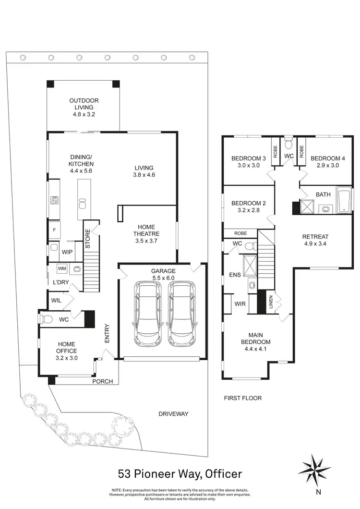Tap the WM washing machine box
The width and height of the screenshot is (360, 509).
click(x=62, y=269)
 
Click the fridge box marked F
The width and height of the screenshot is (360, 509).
click(x=54, y=230)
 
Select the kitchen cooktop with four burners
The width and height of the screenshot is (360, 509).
click(x=54, y=199)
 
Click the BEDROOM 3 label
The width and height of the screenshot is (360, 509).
click(x=248, y=158)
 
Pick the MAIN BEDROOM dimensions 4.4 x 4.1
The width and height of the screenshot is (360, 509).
click(x=259, y=349)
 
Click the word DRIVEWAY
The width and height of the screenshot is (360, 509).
click(x=174, y=413)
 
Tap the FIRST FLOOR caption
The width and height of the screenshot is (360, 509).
click(x=243, y=398)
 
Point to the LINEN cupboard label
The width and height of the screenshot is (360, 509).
click(x=271, y=303)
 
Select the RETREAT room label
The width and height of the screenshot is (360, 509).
click(x=315, y=236)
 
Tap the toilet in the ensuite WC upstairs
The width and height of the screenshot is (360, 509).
click(x=249, y=245)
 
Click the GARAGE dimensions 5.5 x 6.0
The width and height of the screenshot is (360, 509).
click(x=163, y=278)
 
